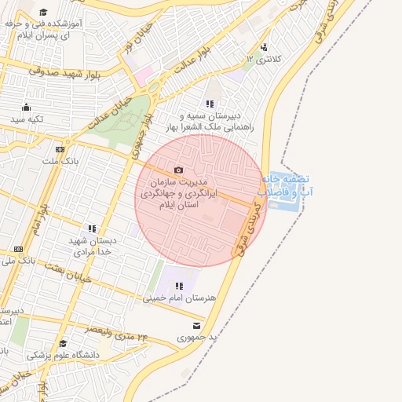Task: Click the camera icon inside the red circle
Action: coord(178,170)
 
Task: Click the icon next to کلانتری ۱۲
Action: coord(263,47)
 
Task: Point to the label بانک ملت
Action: coord(60,161)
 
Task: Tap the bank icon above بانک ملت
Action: coord(60,149)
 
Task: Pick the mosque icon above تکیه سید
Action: coord(27,108)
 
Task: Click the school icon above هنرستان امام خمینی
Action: coord(179,286)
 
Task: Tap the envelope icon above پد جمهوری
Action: coord(196,325)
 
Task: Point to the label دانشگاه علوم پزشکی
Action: coord(64,355)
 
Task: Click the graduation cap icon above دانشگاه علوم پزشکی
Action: coord(63,343)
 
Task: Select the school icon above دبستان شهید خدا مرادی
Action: coord(92,228)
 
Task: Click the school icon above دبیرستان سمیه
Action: coord(210,104)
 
